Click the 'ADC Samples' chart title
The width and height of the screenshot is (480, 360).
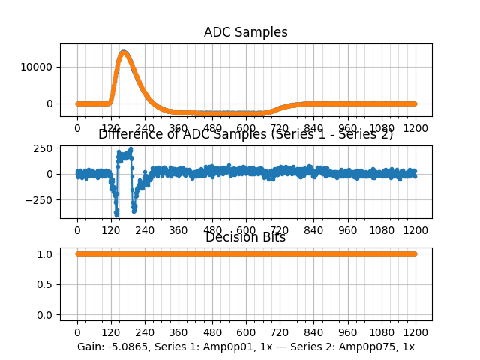(245, 32)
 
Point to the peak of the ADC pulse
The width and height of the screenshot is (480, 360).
(124, 52)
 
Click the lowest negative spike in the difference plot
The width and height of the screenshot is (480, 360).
(116, 214)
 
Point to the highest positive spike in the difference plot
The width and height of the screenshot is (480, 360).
(130, 149)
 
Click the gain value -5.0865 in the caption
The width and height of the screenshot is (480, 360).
(127, 346)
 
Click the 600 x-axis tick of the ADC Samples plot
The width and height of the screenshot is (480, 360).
(246, 129)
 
